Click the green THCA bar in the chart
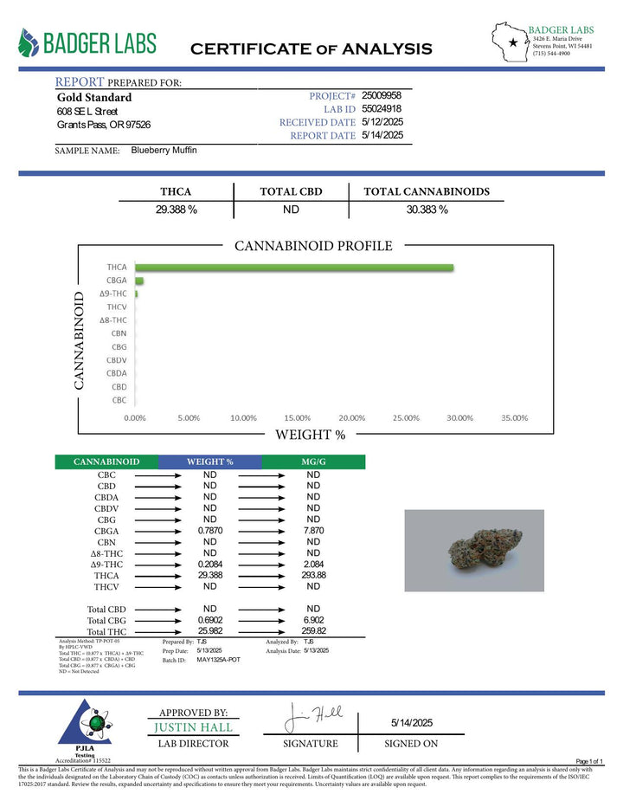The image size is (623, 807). (x=294, y=268)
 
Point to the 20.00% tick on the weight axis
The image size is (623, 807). (x=352, y=417)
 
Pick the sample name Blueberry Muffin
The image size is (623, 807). (x=164, y=150)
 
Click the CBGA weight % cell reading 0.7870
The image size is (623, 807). (x=209, y=531)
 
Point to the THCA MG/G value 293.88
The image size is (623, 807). (x=313, y=575)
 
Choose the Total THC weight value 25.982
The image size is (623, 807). (x=209, y=632)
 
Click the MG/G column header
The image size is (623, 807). (x=313, y=462)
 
